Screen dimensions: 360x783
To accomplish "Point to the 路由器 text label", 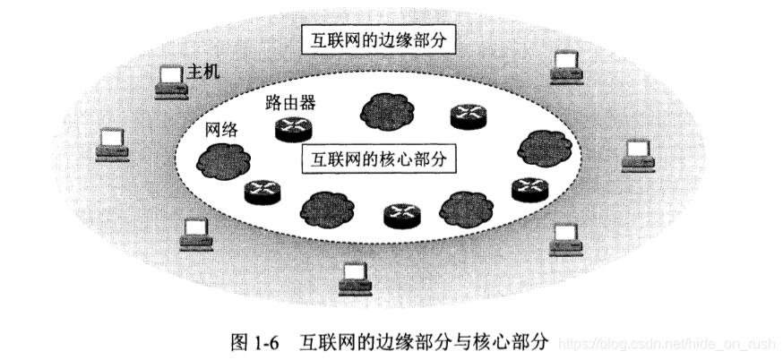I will (x=291, y=103).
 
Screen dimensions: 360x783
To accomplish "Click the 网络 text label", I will (x=221, y=129).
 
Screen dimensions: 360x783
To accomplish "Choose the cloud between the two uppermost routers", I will (x=387, y=110).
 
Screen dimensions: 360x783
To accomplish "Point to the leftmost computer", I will (x=112, y=143).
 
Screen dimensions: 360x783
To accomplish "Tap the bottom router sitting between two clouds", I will (x=400, y=214).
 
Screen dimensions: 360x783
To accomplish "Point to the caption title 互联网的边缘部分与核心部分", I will (x=428, y=341).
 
